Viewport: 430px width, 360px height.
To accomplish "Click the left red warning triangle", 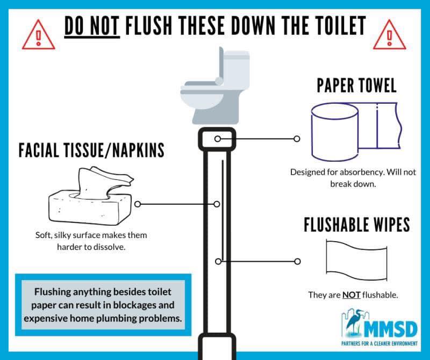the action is click(38, 35).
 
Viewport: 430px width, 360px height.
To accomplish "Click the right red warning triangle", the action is click(389, 35).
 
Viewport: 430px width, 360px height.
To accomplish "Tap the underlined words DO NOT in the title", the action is click(92, 26).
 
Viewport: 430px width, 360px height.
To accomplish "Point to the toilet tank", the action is click(236, 69).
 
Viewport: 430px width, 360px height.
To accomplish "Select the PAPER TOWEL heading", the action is click(356, 85).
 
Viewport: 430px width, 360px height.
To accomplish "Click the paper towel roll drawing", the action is click(356, 132).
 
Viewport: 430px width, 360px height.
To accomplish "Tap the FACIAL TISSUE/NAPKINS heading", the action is click(91, 150).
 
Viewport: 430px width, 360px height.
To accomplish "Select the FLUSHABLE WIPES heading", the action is click(357, 225).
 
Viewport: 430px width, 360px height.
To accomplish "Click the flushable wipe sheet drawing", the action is click(356, 260).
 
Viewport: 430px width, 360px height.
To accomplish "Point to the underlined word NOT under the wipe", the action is click(352, 295).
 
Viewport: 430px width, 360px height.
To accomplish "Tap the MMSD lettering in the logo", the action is click(391, 329).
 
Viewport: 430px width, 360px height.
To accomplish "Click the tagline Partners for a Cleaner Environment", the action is click(379, 343).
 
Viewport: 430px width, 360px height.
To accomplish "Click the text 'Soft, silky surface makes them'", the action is click(91, 235).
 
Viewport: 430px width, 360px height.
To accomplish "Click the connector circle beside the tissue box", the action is click(138, 204).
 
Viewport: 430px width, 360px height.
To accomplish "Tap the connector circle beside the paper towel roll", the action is click(297, 139).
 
